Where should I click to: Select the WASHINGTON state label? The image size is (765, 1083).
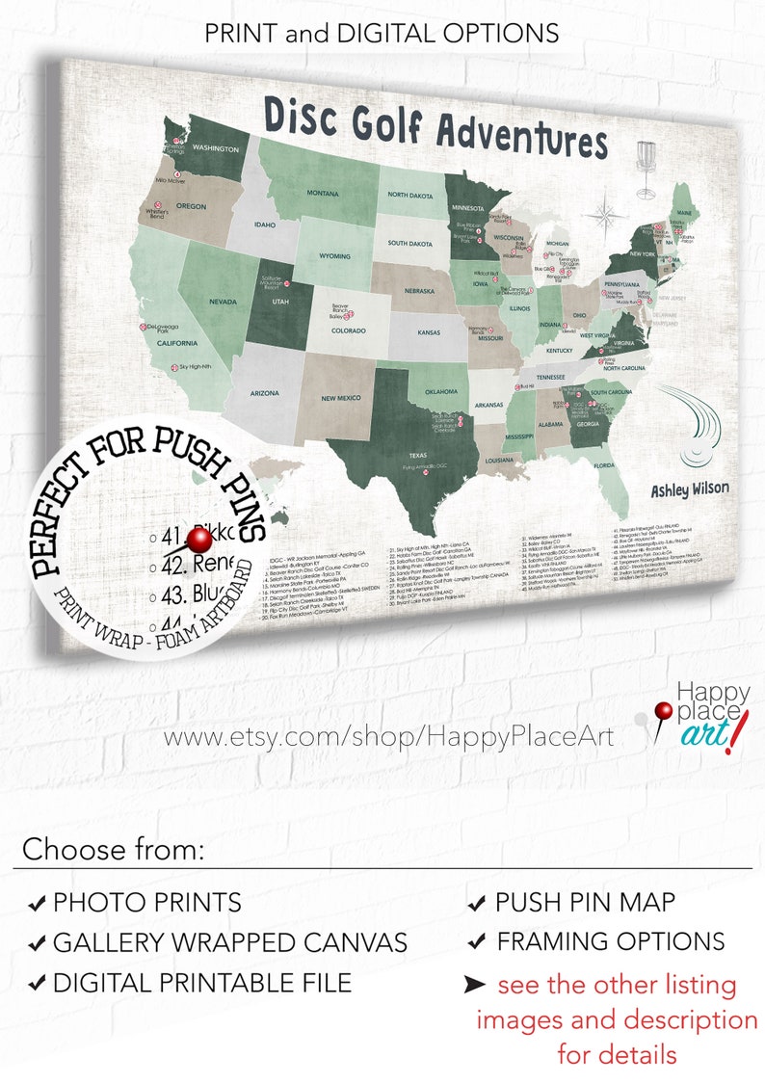click(215, 148)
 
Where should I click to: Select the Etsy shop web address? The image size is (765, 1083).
click(388, 739)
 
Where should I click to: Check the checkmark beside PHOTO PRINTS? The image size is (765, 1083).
click(36, 904)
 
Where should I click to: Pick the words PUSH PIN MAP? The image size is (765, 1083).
click(585, 903)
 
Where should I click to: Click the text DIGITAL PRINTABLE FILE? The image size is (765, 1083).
click(202, 983)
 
